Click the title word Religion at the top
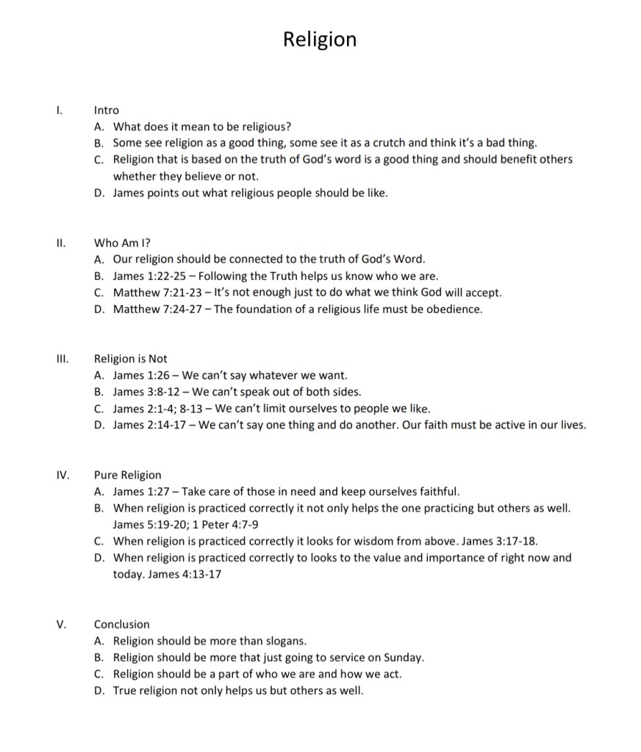pos(320,39)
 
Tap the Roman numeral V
pos(62,624)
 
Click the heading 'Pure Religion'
pos(127,475)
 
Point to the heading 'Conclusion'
pos(121,624)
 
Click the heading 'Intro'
pos(106,110)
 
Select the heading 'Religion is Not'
pos(130,359)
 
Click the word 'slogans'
pos(285,641)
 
